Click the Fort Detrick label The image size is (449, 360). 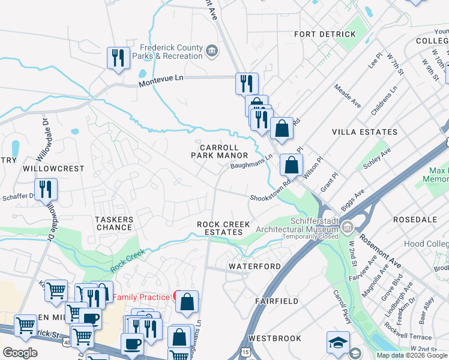(x=325, y=34)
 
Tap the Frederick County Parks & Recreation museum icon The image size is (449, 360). (x=212, y=50)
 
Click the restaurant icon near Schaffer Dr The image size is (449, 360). (x=46, y=188)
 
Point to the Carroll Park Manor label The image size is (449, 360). (x=219, y=151)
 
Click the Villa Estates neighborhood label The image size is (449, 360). (x=364, y=131)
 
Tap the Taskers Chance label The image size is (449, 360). (x=113, y=223)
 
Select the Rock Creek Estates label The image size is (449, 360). (x=223, y=228)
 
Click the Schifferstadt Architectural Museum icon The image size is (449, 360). (x=348, y=227)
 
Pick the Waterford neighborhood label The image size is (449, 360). (x=255, y=266)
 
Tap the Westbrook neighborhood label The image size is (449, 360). (x=274, y=338)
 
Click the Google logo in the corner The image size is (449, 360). (x=20, y=352)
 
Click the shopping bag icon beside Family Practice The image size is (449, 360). (x=187, y=301)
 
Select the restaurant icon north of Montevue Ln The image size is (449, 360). (x=117, y=58)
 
